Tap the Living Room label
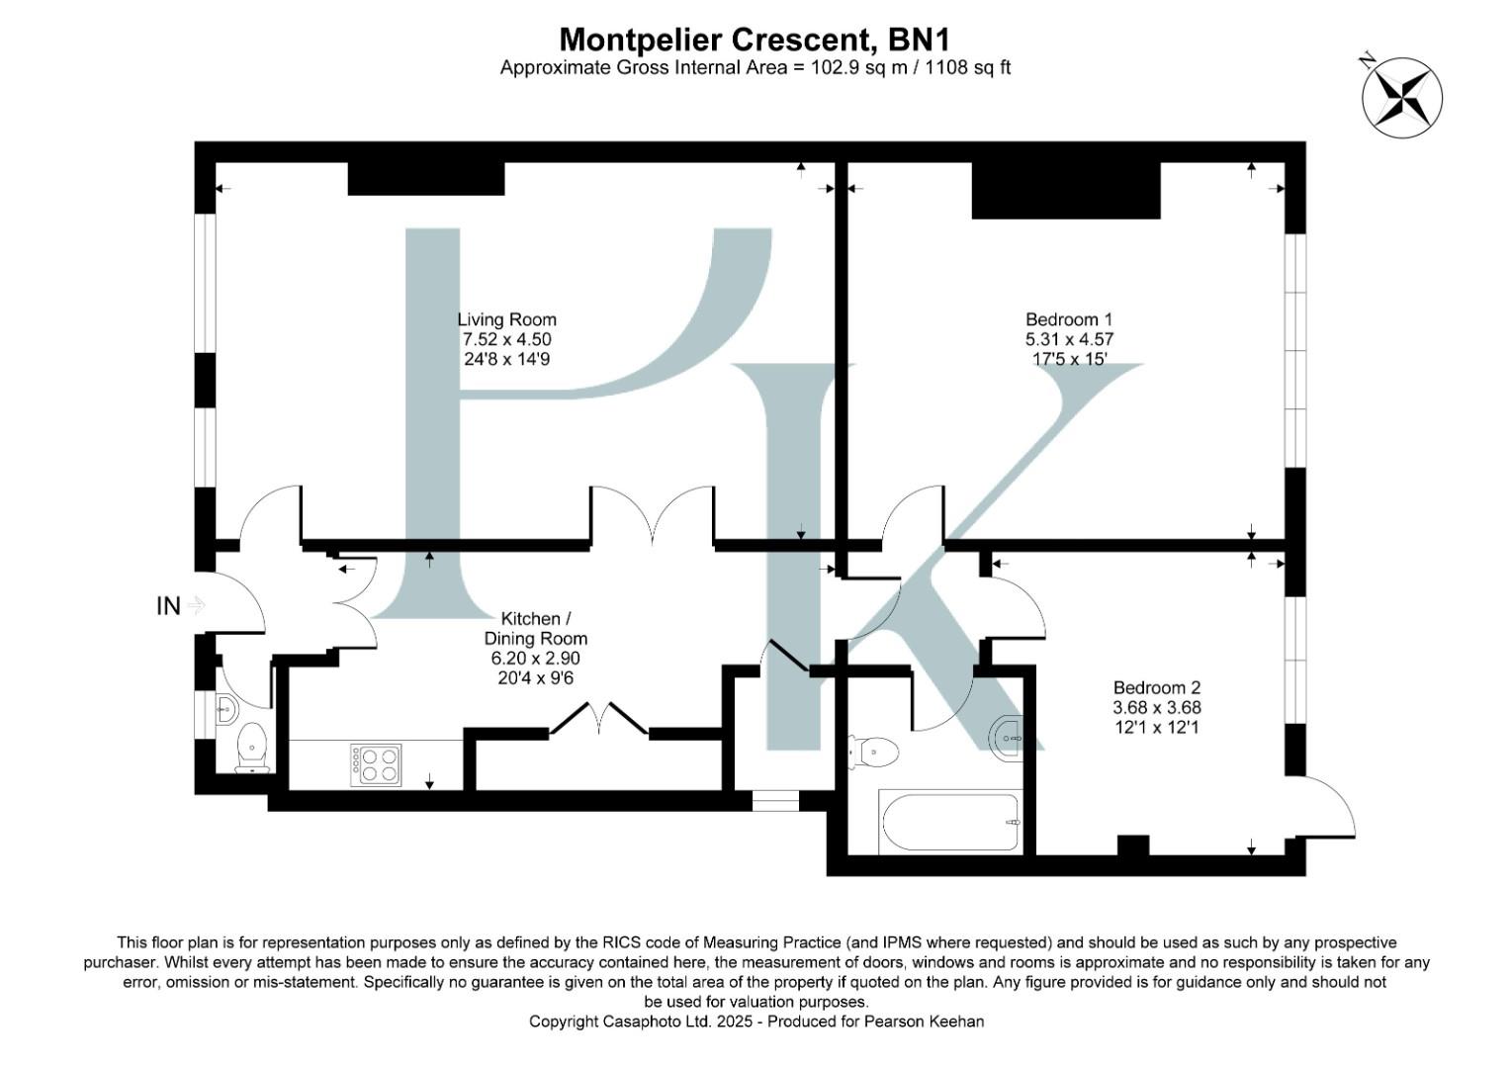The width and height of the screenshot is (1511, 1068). coord(506,319)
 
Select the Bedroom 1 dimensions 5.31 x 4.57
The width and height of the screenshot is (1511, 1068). coord(1069,339)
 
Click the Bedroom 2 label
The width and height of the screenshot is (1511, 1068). coord(1156,687)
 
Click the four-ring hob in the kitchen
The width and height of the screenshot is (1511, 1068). coord(375,764)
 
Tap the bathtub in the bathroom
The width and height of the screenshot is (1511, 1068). coord(948,823)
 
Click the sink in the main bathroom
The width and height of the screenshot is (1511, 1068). coord(1006,736)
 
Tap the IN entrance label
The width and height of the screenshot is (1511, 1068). coord(168,606)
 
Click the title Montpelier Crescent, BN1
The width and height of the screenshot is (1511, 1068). coord(755,40)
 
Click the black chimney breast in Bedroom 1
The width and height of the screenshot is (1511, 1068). coord(1065,190)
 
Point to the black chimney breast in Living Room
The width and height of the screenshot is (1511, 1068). coord(426,179)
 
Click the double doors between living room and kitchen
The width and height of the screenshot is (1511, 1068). coord(653,514)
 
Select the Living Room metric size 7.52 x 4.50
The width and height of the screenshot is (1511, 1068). coord(506,339)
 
